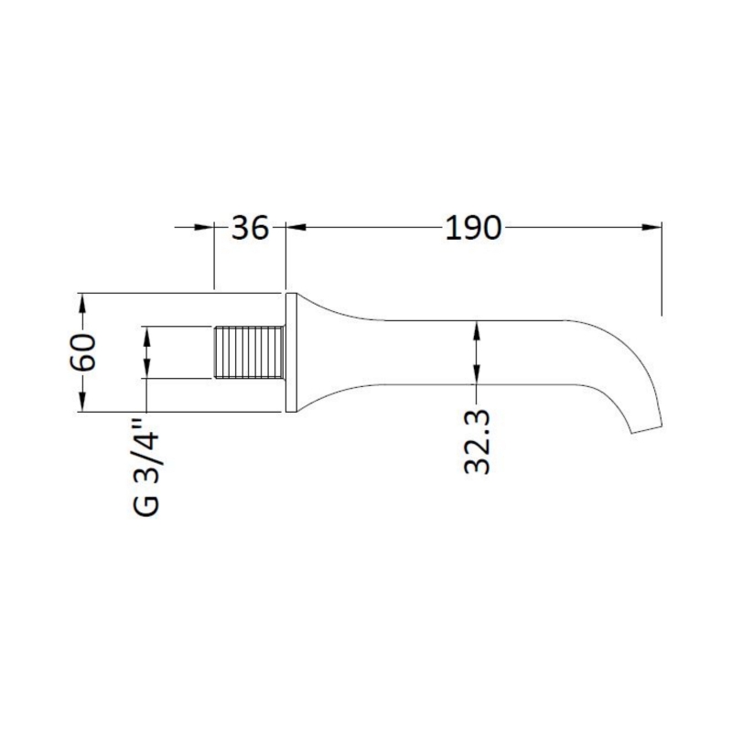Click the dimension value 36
250,228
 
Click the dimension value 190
473,228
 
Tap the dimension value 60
83,352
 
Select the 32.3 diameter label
478,442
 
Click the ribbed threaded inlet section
249,352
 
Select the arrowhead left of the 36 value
203,228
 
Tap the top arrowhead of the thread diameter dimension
145,336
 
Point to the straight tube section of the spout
476,352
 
